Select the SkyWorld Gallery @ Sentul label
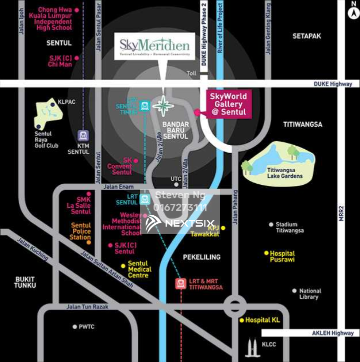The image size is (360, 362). click(228, 104)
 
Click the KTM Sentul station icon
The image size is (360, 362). click(83, 135)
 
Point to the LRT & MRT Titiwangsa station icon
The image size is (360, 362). click(181, 284)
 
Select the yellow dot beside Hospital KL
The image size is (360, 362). click(241, 320)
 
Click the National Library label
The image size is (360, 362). click(310, 294)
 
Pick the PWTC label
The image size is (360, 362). click(86, 327)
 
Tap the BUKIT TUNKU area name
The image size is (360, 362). click(25, 282)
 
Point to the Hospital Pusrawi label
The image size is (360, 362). click(282, 256)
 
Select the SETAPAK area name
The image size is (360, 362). click(306, 36)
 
